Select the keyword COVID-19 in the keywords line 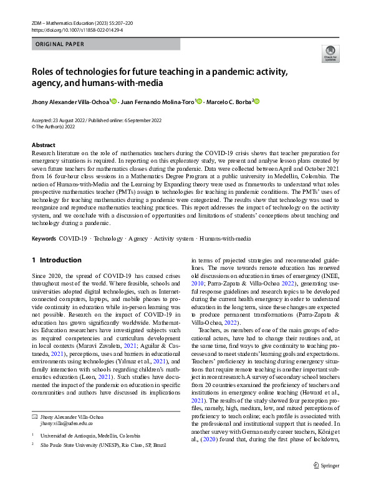coord(73,238)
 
